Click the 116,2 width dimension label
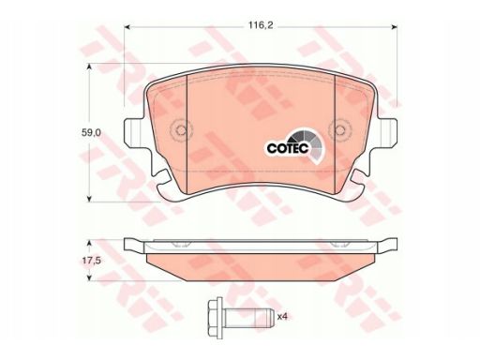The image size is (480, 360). [261, 25]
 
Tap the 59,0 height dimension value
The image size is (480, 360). [91, 132]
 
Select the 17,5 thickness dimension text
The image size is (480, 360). [91, 260]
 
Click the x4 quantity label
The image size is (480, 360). [282, 317]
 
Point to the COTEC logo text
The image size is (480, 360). [288, 148]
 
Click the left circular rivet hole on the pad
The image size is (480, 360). [181, 130]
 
